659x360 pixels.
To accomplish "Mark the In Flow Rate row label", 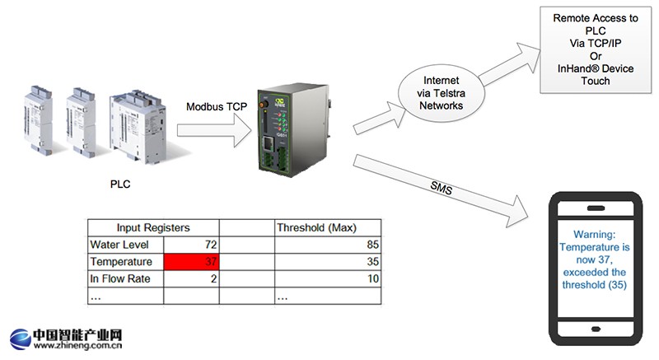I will [119, 279].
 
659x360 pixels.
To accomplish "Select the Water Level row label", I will [120, 244].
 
